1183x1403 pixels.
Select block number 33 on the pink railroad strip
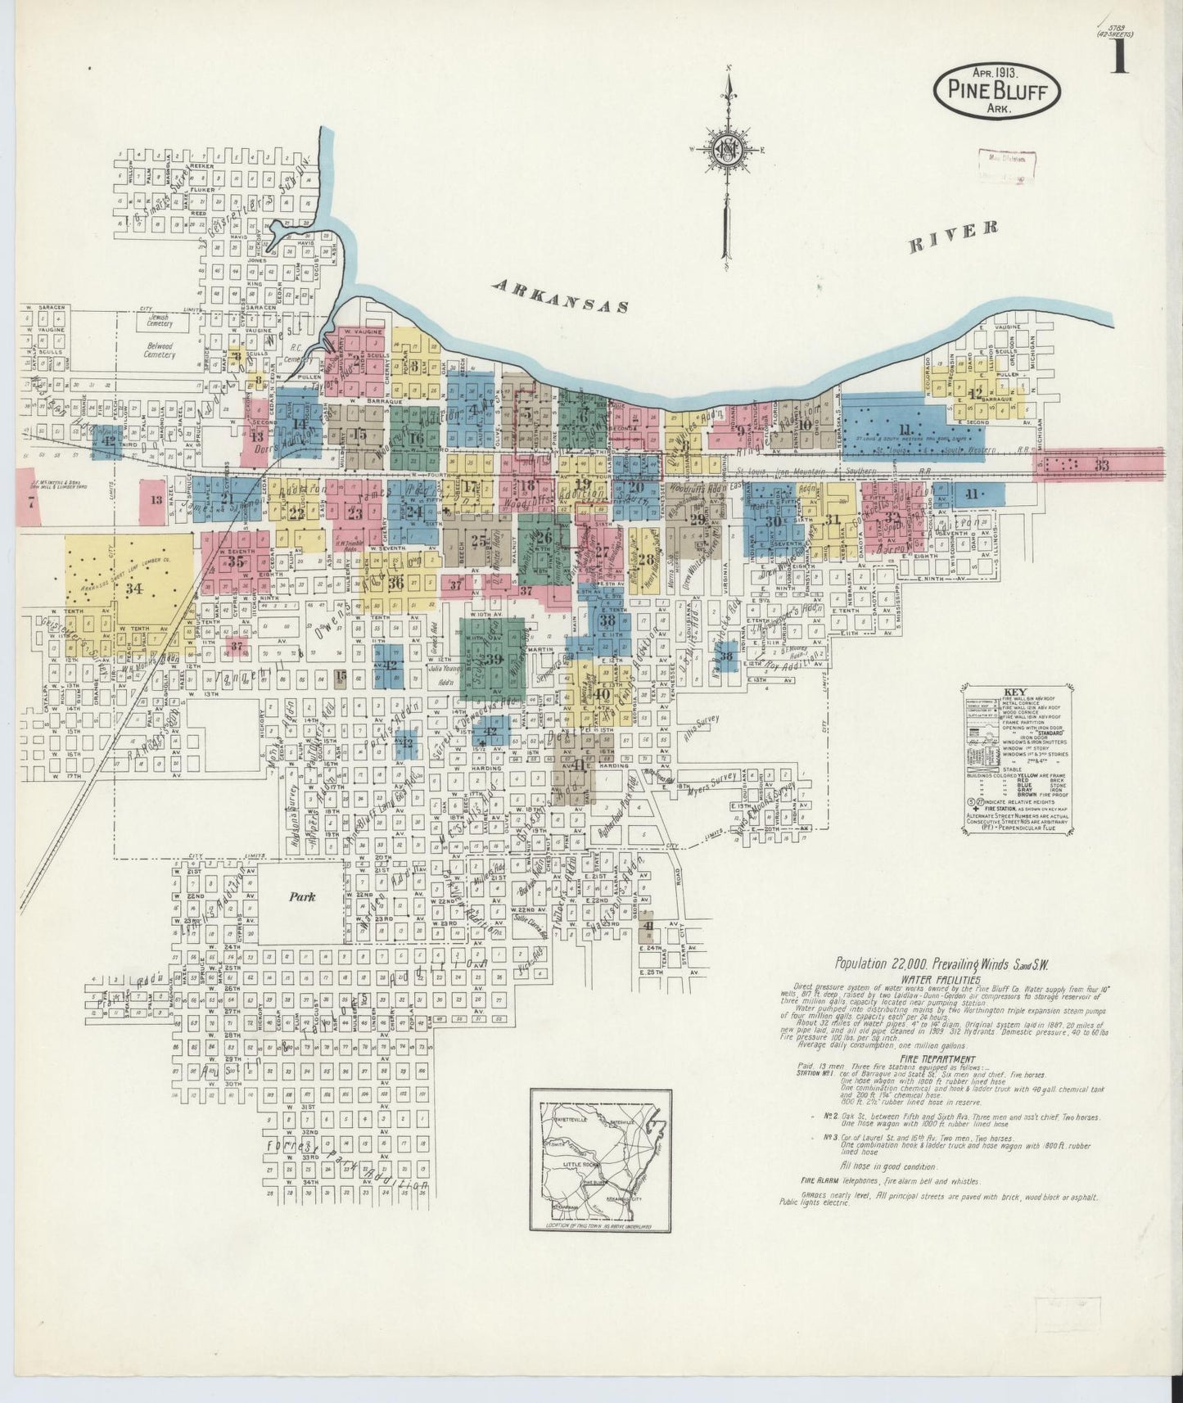(1102, 464)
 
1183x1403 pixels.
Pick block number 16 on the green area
(417, 438)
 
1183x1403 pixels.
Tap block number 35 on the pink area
(237, 562)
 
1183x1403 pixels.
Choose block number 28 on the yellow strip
(647, 560)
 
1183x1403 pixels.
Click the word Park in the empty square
(301, 896)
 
